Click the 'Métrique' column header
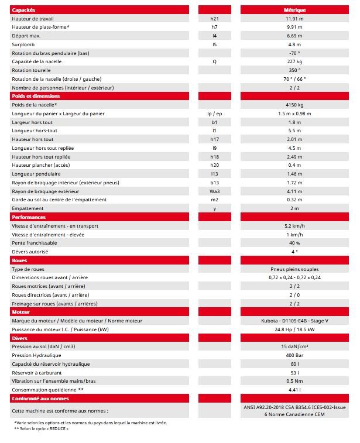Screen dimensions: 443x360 click(x=294, y=10)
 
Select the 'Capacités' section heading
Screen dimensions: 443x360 click(x=23, y=10)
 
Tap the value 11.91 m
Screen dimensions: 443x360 click(x=294, y=19)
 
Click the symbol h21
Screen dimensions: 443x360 click(x=214, y=19)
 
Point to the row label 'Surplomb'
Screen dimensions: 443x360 click(x=22, y=44)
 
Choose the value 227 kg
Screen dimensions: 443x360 click(x=294, y=61)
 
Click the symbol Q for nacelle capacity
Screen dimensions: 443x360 click(x=214, y=61)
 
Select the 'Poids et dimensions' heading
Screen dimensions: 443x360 click(x=36, y=96)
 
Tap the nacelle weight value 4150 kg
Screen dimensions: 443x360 click(x=294, y=105)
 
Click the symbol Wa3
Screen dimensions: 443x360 click(x=214, y=191)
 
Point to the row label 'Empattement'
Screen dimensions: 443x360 click(x=28, y=208)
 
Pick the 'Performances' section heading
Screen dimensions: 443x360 click(x=29, y=217)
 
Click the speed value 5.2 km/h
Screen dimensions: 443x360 click(x=294, y=226)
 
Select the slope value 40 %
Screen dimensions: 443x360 click(x=294, y=243)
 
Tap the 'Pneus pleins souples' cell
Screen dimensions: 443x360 click(x=294, y=269)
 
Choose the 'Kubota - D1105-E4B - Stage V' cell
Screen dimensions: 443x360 click(x=294, y=321)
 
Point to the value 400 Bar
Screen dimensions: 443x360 click(x=294, y=355)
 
